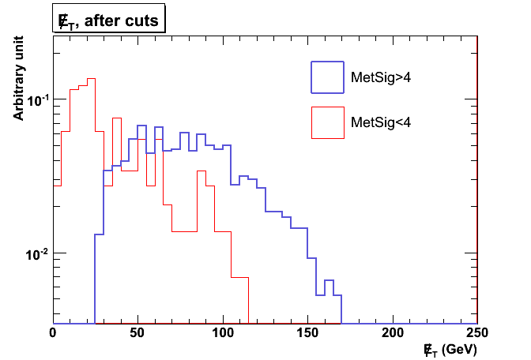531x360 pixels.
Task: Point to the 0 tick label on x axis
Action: (53, 333)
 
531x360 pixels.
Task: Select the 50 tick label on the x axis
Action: (138, 333)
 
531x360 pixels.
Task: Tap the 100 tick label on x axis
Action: (224, 333)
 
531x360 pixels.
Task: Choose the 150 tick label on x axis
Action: (308, 333)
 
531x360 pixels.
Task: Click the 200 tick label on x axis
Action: (394, 333)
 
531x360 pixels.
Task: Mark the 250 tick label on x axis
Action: (478, 333)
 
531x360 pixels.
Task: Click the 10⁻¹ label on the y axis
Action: (37, 100)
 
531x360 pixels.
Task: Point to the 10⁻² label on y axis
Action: (37, 254)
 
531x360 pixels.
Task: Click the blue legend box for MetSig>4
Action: (328, 77)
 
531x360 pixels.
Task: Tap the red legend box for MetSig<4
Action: (328, 122)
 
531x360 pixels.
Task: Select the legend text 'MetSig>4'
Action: (380, 77)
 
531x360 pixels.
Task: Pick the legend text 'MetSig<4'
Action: (380, 122)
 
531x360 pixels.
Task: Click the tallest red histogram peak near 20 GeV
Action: (91, 79)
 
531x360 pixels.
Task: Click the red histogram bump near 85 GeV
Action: (201, 171)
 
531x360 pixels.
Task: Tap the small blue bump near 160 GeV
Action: (329, 280)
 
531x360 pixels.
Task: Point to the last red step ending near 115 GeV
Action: (240, 278)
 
